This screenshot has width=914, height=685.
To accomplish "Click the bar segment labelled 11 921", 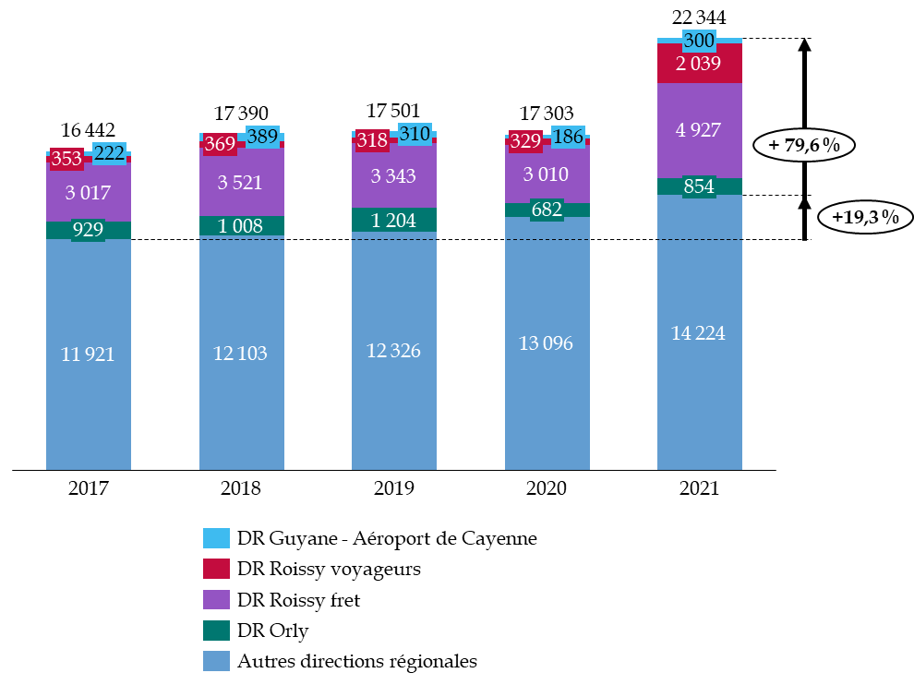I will [x=88, y=388].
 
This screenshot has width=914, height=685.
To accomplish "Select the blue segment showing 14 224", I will [x=699, y=369].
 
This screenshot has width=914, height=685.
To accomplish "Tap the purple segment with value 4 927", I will [x=699, y=130].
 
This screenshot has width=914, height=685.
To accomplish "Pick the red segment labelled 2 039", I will [x=699, y=64].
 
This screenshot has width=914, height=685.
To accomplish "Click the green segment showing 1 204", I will [x=393, y=221].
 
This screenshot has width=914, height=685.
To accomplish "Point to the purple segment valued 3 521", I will [x=241, y=182].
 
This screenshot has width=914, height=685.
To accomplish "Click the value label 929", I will [x=88, y=230].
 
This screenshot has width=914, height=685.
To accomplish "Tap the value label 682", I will [x=547, y=210].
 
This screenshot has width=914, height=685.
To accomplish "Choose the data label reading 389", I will [x=262, y=137].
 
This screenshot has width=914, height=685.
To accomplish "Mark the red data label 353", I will [x=66, y=159].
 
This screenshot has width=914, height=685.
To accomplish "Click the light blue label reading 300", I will [x=699, y=41].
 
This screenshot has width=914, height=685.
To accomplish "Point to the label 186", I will [x=568, y=138].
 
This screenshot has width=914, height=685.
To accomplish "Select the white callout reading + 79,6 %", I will [x=804, y=145].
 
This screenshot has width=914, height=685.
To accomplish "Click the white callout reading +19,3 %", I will [x=865, y=217].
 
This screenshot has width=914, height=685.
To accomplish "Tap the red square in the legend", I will [x=216, y=569].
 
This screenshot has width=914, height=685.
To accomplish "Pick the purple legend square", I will [x=216, y=599].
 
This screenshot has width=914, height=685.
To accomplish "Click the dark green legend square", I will [x=216, y=631].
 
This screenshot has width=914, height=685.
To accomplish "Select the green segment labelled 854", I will [x=699, y=186].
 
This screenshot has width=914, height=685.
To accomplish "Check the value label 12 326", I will [x=393, y=351].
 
